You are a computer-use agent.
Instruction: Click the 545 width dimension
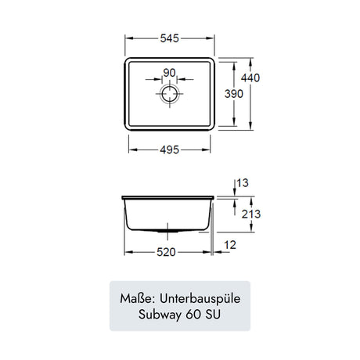click(x=170, y=38)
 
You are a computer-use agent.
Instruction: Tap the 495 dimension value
click(x=170, y=149)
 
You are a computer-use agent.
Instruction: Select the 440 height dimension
click(x=250, y=77)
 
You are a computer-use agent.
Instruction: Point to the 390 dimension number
click(x=234, y=94)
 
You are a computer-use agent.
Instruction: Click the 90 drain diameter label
click(x=170, y=73)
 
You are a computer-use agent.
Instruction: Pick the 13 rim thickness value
click(x=243, y=183)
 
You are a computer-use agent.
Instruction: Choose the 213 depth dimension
click(x=251, y=214)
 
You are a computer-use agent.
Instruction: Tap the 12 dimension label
click(x=230, y=245)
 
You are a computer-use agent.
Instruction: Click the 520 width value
click(x=166, y=252)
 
